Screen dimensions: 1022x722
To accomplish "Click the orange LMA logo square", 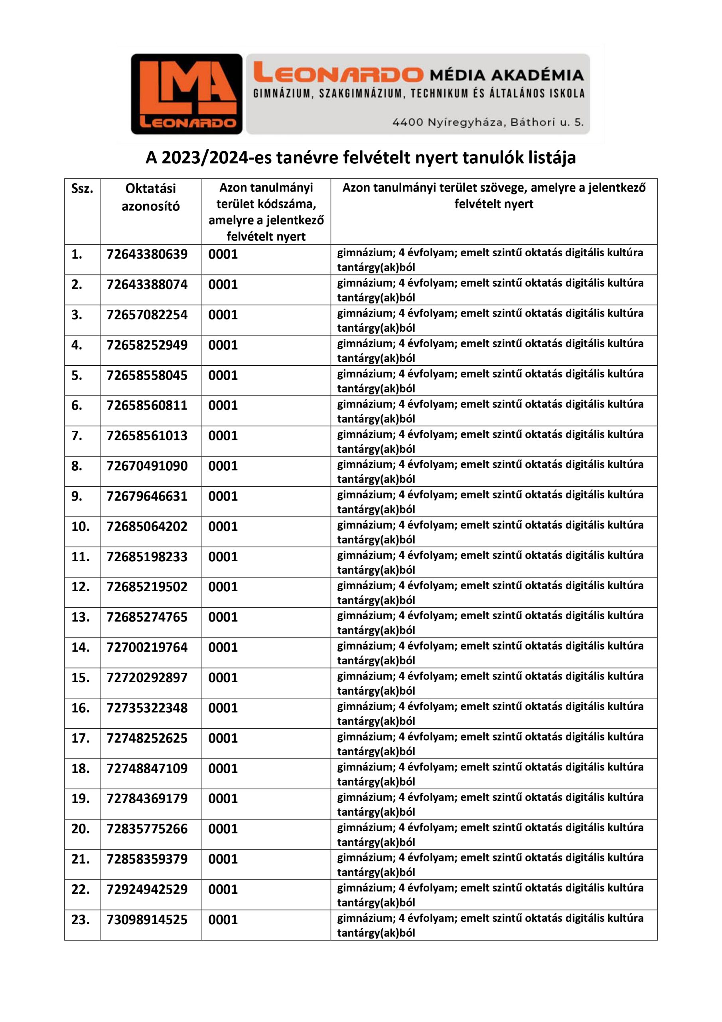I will [186, 94].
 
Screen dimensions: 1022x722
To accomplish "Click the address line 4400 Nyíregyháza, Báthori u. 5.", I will [487, 122].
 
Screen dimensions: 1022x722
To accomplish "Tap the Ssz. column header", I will [82, 189].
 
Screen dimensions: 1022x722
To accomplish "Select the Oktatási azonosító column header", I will [150, 197].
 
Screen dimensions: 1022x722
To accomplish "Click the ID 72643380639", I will [147, 254].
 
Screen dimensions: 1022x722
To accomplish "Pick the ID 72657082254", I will [147, 315].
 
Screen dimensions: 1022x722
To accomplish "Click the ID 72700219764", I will [147, 647].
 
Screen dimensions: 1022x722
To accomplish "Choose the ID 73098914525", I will [147, 920].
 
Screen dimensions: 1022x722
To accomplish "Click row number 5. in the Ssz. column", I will [77, 375].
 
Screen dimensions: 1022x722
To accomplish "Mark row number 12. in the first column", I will [81, 587].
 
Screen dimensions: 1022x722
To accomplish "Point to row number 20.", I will [81, 829].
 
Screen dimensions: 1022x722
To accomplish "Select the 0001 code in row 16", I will [223, 708].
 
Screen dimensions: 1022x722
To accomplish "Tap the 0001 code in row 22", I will [223, 889].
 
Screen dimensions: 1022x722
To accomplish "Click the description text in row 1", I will [490, 259].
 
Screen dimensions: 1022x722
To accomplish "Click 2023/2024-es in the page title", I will [216, 158].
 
